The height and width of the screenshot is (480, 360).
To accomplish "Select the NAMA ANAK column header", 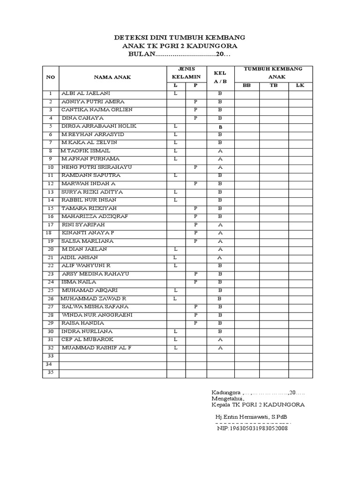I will [112, 77].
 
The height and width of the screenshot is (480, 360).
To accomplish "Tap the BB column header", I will [247, 85].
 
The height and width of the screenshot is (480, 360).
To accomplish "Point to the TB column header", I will [274, 85].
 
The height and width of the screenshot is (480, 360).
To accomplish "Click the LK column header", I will [300, 85].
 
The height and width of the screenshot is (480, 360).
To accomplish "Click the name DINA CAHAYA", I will [82, 118].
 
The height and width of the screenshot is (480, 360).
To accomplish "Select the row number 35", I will [50, 372].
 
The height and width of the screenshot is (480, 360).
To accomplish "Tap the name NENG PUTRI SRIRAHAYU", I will [97, 167].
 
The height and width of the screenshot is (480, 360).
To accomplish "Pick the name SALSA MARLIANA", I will [87, 241].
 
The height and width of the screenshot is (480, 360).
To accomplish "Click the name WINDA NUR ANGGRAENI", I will [97, 315].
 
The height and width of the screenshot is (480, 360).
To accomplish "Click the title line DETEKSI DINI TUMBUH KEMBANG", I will [180, 37].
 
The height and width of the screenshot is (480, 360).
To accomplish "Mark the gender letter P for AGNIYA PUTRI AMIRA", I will [196, 102].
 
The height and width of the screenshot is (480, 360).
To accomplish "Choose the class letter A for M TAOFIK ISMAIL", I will [220, 151].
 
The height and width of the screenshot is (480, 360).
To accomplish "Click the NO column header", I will [50, 77].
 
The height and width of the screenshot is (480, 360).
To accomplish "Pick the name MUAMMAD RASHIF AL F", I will [97, 348].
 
